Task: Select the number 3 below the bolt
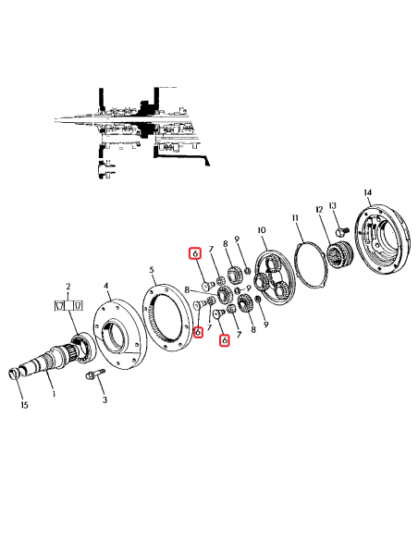click(104, 399)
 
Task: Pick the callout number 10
click(262, 230)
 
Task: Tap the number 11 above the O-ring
click(297, 218)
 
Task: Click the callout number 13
click(334, 204)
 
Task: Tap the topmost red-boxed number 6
click(194, 253)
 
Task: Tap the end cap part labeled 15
click(15, 374)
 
